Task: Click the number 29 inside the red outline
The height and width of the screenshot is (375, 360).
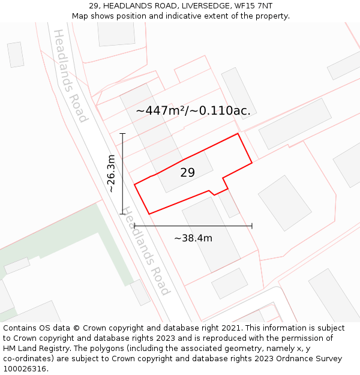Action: point(187,173)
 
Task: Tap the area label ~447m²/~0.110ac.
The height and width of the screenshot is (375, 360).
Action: point(193,111)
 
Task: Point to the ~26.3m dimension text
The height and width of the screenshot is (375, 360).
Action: point(111,173)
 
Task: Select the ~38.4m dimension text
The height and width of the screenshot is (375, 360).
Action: point(193,238)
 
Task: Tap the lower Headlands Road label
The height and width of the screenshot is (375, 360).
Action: point(146,251)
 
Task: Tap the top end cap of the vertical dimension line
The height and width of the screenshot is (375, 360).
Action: point(122,133)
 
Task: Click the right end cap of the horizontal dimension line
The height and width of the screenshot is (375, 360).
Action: point(252,226)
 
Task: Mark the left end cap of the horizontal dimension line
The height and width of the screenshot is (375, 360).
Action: point(134,226)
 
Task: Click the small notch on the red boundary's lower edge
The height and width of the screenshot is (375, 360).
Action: point(211,192)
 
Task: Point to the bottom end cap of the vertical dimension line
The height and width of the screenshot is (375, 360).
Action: point(122,214)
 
